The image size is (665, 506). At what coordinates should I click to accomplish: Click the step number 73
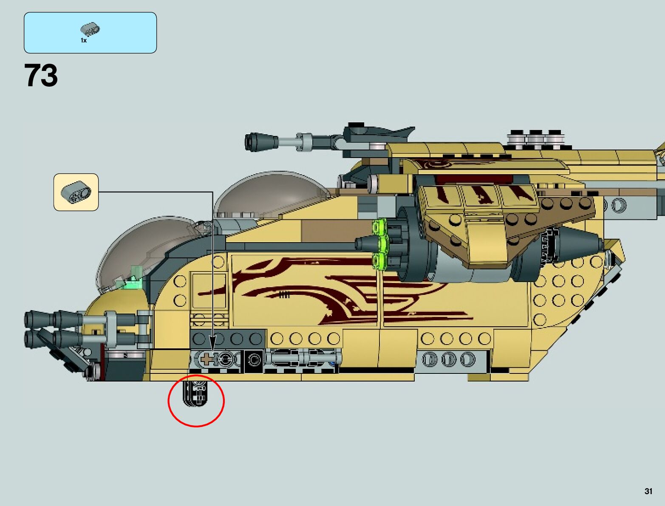pyautogui.click(x=41, y=76)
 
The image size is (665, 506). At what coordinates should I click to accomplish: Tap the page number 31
pyautogui.click(x=648, y=491)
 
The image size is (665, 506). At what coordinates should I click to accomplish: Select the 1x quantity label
pyautogui.click(x=84, y=40)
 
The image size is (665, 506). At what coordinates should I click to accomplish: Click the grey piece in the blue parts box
pyautogui.click(x=90, y=30)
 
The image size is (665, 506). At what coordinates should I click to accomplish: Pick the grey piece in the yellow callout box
pyautogui.click(x=76, y=192)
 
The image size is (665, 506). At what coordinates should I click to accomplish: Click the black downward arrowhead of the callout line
pyautogui.click(x=212, y=342)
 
